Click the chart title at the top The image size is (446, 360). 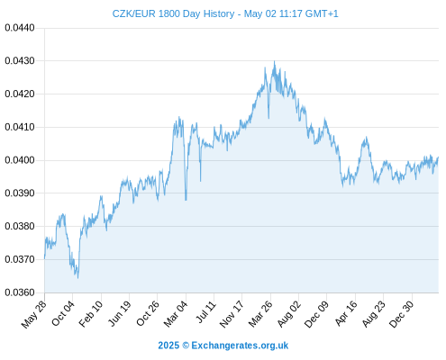pyautogui.click(x=225, y=13)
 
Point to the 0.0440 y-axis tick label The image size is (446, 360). pyautogui.click(x=20, y=28)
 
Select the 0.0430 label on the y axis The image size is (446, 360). pyautogui.click(x=20, y=61)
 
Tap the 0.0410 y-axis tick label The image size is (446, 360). pyautogui.click(x=20, y=127)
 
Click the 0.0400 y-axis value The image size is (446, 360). pyautogui.click(x=20, y=160)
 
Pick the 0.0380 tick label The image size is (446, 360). pyautogui.click(x=20, y=226)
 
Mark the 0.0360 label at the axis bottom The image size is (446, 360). pyautogui.click(x=20, y=292)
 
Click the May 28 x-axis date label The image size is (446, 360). pyautogui.click(x=34, y=314)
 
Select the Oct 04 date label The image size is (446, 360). pyautogui.click(x=62, y=313)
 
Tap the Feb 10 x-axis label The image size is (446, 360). pyautogui.click(x=91, y=313)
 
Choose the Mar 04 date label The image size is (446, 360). pyautogui.click(x=176, y=313)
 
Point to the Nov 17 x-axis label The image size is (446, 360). pyautogui.click(x=231, y=314)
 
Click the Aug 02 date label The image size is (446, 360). pyautogui.click(x=288, y=314)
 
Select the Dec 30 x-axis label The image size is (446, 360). pyautogui.click(x=401, y=314)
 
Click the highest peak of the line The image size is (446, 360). pyautogui.click(x=274, y=61)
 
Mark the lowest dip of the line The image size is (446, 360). pyautogui.click(x=77, y=278)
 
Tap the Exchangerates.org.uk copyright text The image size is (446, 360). pyautogui.click(x=223, y=346)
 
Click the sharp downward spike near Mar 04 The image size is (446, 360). pyautogui.click(x=186, y=200)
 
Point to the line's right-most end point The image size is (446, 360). pyautogui.click(x=438, y=157)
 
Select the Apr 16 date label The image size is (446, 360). pyautogui.click(x=346, y=313)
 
